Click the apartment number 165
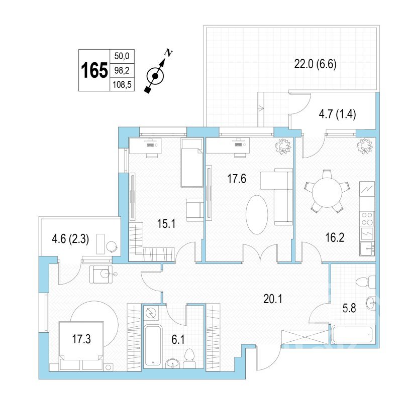(94, 70)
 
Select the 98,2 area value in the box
(122, 70)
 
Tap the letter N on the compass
(168, 53)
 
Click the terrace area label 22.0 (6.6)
(315, 64)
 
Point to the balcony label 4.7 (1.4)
(337, 114)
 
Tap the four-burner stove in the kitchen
(367, 219)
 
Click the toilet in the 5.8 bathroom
(366, 282)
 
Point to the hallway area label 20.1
(273, 299)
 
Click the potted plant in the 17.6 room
(283, 146)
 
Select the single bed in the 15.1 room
(192, 163)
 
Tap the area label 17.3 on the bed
(81, 339)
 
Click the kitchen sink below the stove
(367, 248)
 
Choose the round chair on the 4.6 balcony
(112, 246)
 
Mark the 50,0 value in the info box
(122, 56)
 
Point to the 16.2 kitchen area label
(335, 237)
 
